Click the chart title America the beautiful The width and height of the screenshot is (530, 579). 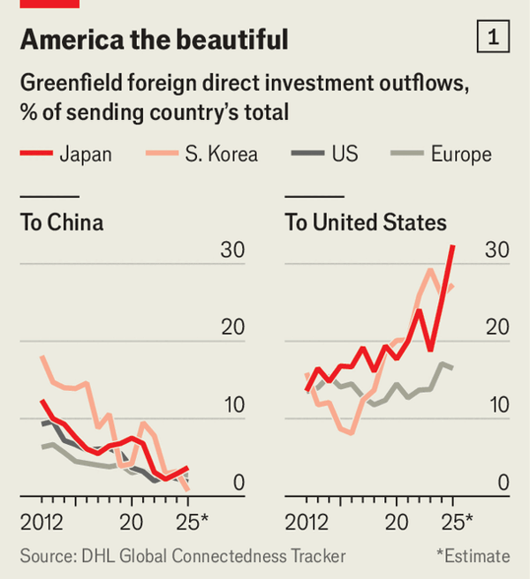pos(154,39)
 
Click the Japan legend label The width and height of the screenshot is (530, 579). pos(86,154)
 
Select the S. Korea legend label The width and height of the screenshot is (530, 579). pos(221,154)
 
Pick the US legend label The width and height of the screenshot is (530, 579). pos(344,154)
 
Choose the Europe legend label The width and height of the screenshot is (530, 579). pos(461,154)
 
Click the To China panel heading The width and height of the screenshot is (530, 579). pos(62,222)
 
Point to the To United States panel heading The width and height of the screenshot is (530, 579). pos(366,222)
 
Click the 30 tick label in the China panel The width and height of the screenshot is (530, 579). pos(231,251)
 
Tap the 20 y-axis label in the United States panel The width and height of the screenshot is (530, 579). pos(496,327)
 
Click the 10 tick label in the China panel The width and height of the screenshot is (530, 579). pos(231,405)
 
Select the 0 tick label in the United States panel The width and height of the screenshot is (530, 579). pos(503,483)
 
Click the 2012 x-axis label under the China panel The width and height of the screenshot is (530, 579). pos(42,520)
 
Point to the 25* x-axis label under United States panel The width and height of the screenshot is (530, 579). pos(458,520)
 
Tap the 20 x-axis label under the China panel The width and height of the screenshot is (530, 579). pos(132,520)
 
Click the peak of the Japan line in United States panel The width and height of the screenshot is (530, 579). pos(453,246)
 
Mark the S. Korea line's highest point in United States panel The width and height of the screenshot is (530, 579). pos(431,270)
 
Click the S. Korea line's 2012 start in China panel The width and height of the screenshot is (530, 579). pos(42,357)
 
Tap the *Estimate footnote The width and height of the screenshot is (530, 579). pos(473,556)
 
